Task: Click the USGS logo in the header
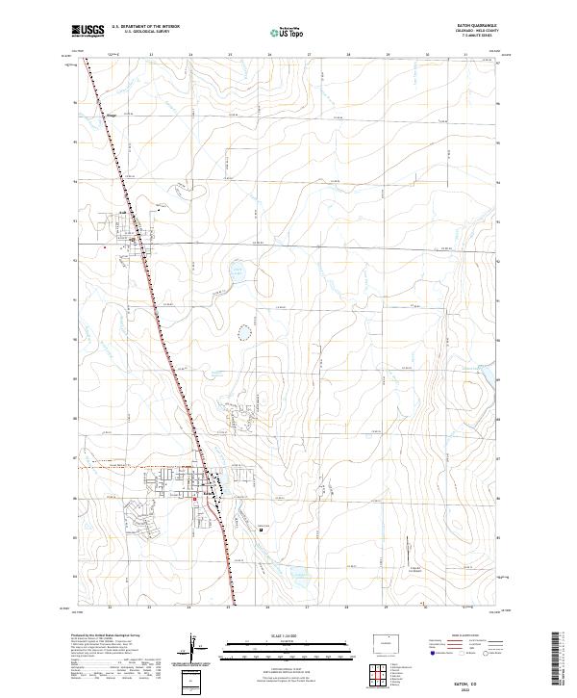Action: click(x=88, y=32)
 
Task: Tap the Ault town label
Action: click(x=123, y=213)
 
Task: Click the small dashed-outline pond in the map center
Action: click(x=244, y=334)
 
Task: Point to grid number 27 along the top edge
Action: click(x=308, y=55)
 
